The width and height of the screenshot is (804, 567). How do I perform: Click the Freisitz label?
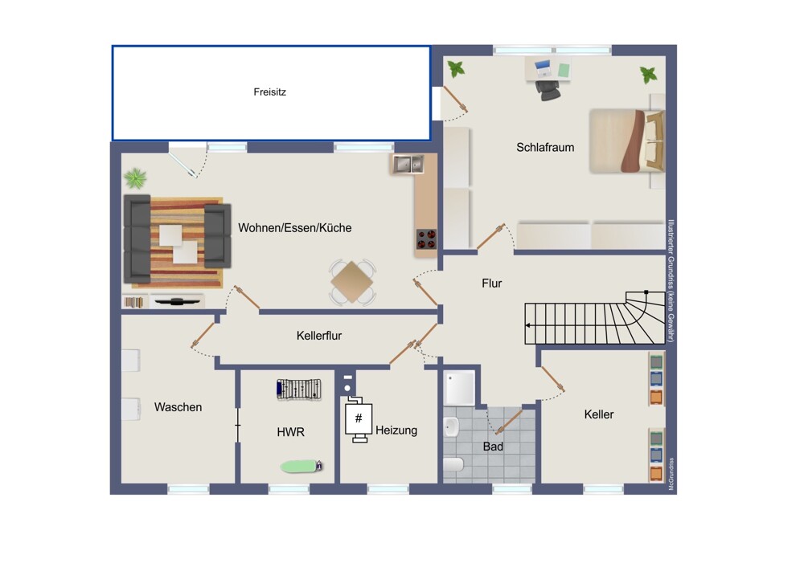(x=269, y=92)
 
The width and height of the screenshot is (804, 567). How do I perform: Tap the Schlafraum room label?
(x=545, y=148)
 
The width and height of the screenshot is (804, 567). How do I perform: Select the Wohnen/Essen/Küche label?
(x=295, y=228)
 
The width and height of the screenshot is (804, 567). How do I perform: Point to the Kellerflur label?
(x=319, y=336)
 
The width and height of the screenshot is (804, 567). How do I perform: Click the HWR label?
(x=291, y=432)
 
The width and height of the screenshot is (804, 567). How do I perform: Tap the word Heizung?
(x=396, y=430)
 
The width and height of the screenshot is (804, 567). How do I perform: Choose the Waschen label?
(x=178, y=407)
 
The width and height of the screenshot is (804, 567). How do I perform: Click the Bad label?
(x=493, y=447)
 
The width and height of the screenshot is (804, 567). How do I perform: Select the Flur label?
(x=492, y=283)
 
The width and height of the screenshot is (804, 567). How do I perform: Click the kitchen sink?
(x=408, y=164)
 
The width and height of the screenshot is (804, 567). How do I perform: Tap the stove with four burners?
(x=426, y=239)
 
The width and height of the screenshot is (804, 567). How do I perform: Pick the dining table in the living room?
(x=352, y=281)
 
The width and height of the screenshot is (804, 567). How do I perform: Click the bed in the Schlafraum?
(x=626, y=141)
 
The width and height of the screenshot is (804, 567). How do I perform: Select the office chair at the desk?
(x=548, y=90)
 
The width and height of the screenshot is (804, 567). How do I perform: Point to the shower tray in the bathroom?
(x=459, y=388)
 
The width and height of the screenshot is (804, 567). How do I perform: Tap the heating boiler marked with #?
(x=359, y=418)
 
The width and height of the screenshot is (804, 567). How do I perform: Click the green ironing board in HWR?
(x=301, y=466)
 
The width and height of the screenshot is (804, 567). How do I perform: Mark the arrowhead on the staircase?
(x=528, y=325)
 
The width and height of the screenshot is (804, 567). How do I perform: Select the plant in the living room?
(x=135, y=178)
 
